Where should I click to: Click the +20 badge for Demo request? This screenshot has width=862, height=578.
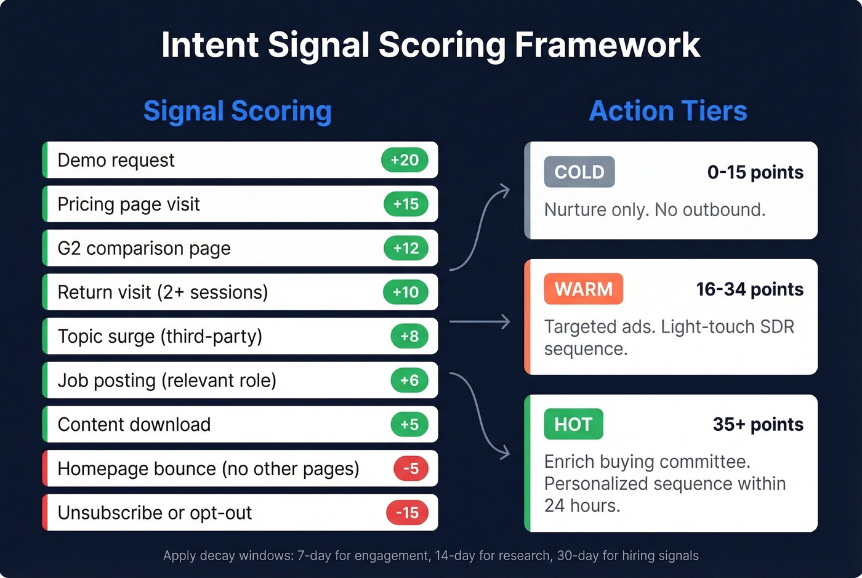tap(405, 160)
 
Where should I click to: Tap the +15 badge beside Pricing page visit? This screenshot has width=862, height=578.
tap(406, 204)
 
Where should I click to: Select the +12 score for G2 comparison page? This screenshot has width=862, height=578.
tap(406, 248)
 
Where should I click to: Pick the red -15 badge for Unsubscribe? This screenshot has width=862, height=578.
tap(407, 513)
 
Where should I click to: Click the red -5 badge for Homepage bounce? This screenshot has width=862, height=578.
tap(411, 468)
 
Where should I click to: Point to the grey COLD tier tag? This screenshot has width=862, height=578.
tap(579, 172)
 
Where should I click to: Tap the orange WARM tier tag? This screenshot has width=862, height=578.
tap(583, 289)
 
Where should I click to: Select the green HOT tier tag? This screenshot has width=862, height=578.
tap(573, 424)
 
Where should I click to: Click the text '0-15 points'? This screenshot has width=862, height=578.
tap(755, 172)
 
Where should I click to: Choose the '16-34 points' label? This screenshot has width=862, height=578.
tap(749, 289)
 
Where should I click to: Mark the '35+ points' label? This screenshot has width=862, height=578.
tap(758, 425)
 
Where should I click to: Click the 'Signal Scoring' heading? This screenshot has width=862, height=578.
tap(238, 111)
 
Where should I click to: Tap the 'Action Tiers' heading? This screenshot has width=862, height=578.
tap(668, 111)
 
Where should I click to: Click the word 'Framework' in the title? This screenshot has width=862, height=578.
tap(607, 45)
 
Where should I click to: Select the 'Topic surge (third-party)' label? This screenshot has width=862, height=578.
tap(160, 337)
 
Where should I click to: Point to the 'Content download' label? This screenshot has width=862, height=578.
tap(134, 425)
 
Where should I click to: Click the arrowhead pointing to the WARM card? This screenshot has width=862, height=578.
tap(506, 321)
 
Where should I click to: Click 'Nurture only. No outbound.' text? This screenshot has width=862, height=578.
tap(655, 210)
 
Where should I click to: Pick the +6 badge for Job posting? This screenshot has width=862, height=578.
tap(409, 380)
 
